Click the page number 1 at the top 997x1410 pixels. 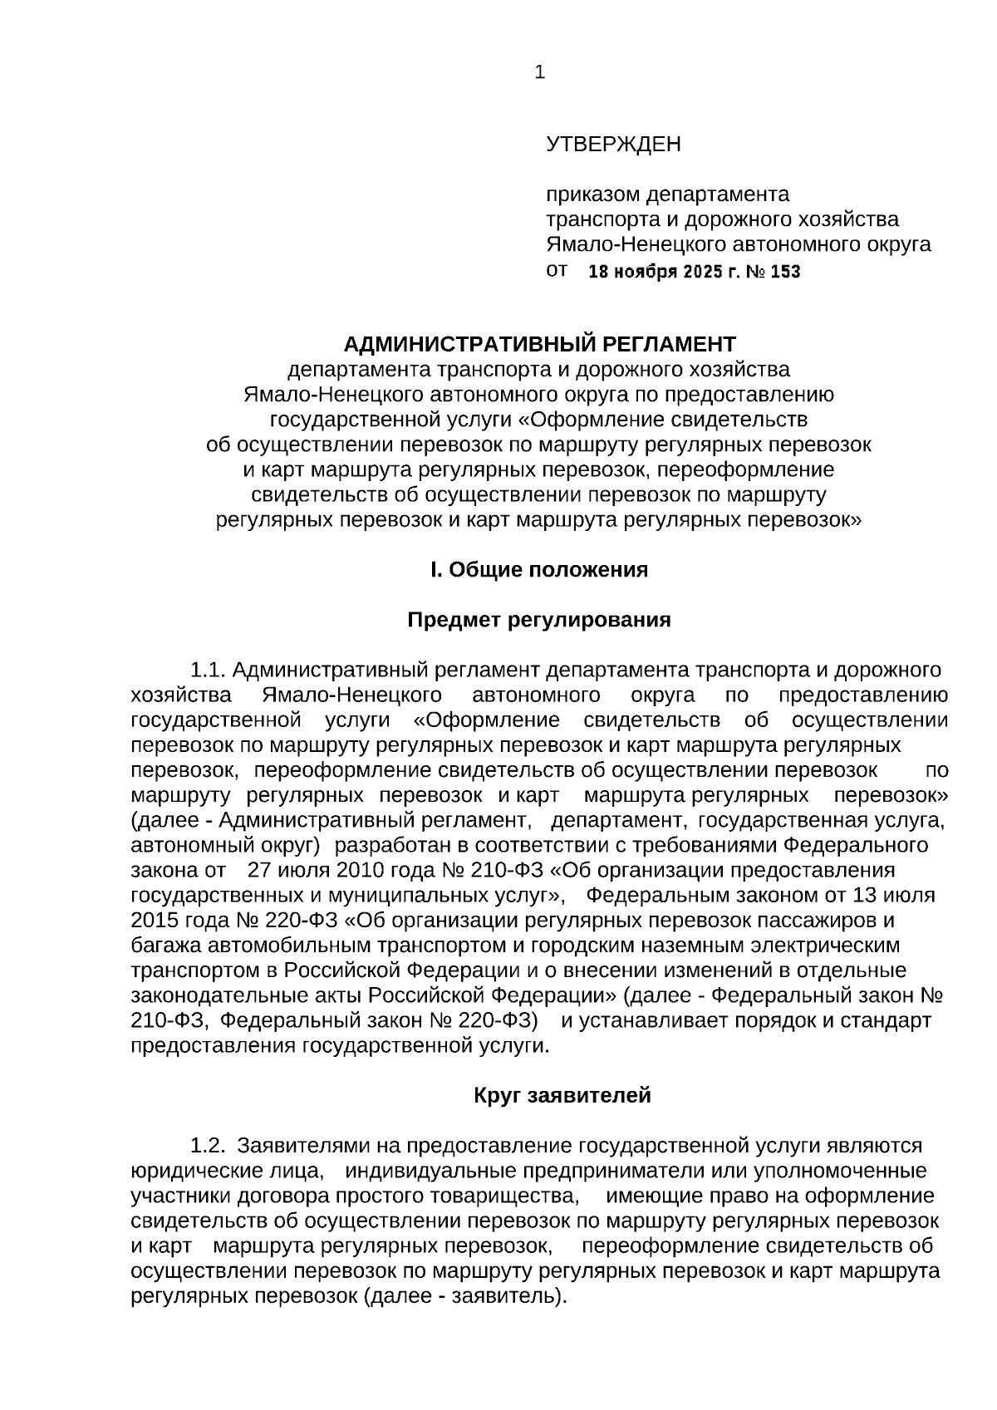pyautogui.click(x=540, y=73)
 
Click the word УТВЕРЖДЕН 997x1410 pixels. pyautogui.click(x=613, y=145)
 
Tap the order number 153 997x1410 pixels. pyautogui.click(x=785, y=272)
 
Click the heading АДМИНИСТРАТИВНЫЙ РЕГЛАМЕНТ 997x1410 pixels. pyautogui.click(x=539, y=344)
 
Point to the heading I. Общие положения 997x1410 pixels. pyautogui.click(x=538, y=570)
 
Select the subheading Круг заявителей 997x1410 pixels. pyautogui.click(x=562, y=1095)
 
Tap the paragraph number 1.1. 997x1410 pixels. pyautogui.click(x=208, y=671)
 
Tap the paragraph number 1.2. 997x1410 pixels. pyautogui.click(x=208, y=1146)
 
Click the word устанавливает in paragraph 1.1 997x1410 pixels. pyautogui.click(x=659, y=1020)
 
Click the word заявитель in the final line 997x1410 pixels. pyautogui.click(x=502, y=1296)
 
